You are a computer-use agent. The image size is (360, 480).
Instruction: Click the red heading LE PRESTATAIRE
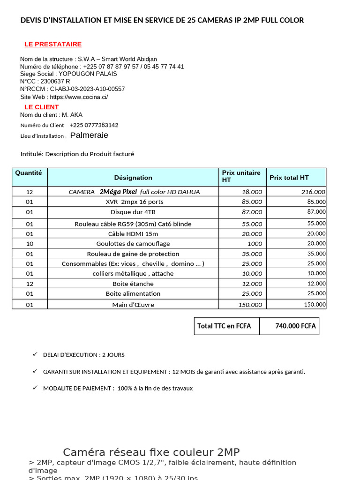point(53,44)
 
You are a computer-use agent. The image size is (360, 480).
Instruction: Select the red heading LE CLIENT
point(42,107)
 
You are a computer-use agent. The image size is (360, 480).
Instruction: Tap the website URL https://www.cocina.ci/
point(79,97)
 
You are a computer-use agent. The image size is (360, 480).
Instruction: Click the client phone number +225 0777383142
point(94,125)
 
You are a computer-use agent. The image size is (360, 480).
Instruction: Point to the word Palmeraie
point(89,135)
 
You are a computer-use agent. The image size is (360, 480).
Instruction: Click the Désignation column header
point(133,178)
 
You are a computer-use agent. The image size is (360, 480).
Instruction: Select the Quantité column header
point(29,173)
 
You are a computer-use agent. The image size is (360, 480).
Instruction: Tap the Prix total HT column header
point(289,178)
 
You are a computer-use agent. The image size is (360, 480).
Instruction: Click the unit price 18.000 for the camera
point(252,192)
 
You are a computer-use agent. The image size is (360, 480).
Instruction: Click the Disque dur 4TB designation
point(133,212)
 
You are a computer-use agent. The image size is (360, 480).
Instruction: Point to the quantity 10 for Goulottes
point(30,244)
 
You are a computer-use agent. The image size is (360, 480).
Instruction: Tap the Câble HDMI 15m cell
point(133,234)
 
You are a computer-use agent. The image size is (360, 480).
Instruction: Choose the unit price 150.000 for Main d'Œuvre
point(250,305)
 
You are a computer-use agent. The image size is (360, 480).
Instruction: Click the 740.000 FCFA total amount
point(295,326)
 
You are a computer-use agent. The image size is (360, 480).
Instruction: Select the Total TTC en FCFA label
point(224,326)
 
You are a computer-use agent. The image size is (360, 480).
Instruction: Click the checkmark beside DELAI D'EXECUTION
point(35,354)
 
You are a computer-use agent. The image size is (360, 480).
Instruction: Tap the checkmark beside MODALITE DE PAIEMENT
point(35,388)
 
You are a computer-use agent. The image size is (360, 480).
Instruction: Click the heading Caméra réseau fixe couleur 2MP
point(151,452)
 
